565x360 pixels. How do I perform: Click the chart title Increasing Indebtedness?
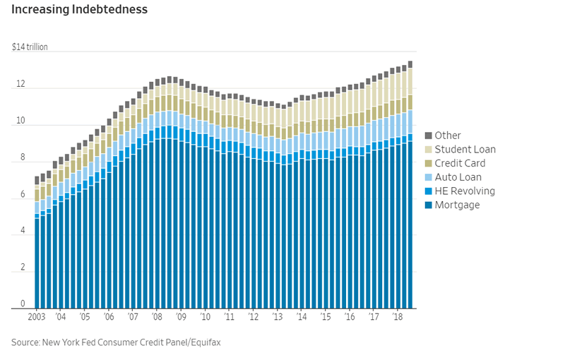pos(79,10)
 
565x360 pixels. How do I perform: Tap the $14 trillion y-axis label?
pos(30,47)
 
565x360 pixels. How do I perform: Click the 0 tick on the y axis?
pos(22,304)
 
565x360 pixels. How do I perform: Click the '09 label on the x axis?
pos(181,317)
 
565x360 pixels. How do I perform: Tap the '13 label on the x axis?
pos(278,317)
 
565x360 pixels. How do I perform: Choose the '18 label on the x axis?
pos(398,317)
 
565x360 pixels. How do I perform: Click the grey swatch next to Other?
pos(428,136)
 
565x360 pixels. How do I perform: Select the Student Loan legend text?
pos(465,150)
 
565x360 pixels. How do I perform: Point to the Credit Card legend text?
pos(460,163)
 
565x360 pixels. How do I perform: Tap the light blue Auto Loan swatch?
pos(428,177)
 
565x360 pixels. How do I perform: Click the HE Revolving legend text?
pos(465,191)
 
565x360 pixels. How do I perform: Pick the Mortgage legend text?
pos(457,205)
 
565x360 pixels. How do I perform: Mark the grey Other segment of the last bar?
pos(410,64)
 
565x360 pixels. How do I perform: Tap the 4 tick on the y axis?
pos(22,231)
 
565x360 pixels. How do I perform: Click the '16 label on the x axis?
pos(350,317)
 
